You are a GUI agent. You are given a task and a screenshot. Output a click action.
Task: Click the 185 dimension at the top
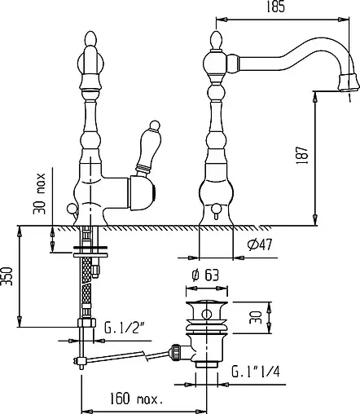point(276,7)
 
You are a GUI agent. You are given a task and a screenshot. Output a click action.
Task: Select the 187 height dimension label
point(302,155)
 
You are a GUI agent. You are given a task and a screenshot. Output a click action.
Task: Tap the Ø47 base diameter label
point(260,244)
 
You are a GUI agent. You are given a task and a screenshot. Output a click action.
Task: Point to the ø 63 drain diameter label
point(205,275)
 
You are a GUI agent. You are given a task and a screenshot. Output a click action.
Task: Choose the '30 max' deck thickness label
point(39,193)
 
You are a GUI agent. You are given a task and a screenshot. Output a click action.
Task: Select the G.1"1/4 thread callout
point(256,372)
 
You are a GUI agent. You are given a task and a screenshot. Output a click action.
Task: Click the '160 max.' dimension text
point(136,399)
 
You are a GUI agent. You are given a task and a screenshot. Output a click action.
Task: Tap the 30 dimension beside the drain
point(256,317)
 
